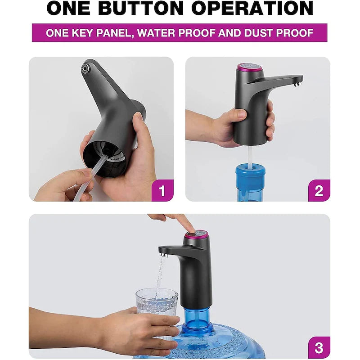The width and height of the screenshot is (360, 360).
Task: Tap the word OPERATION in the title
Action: pyautogui.click(x=252, y=8)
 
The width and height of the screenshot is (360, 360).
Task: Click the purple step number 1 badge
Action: pyautogui.click(x=162, y=190)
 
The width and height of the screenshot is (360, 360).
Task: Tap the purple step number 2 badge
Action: pyautogui.click(x=319, y=190)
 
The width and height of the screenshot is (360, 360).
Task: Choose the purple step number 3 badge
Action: pyautogui.click(x=319, y=347)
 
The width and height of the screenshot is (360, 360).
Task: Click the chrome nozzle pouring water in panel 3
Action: pyautogui.click(x=164, y=255)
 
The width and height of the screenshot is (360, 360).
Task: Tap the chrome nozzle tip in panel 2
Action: pyautogui.click(x=298, y=84)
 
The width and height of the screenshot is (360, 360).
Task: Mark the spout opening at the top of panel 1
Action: pyautogui.click(x=85, y=68)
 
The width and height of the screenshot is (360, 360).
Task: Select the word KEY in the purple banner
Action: pyautogui.click(x=83, y=33)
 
